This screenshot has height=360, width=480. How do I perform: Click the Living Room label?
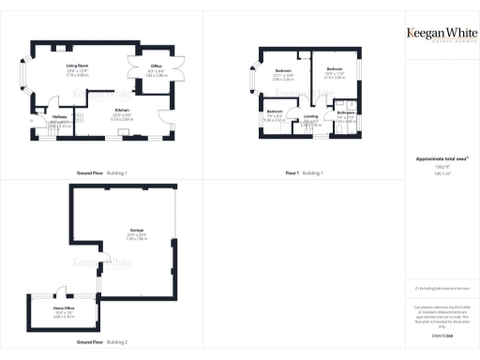point(70,66)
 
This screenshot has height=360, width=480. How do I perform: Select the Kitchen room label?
point(123,110)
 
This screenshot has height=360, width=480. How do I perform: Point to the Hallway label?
point(60,116)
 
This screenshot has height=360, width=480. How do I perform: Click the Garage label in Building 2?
point(124,231)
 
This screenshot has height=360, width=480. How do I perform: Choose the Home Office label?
point(64,307)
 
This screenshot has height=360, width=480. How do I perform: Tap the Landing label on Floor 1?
point(310,117)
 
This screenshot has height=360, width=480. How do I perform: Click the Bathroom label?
point(345,113)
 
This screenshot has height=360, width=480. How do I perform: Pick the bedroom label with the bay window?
point(283,72)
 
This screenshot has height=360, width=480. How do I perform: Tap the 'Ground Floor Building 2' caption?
point(102,342)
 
